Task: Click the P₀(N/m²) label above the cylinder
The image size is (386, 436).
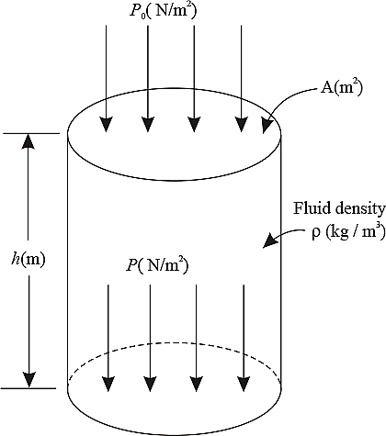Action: tap(163, 10)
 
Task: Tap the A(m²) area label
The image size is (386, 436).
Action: tap(342, 88)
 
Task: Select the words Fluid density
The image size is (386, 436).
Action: tap(339, 208)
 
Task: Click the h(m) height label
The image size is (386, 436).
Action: tap(28, 259)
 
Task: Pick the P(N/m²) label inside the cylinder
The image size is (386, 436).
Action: tap(157, 265)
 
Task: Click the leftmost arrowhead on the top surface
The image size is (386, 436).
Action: tap(106, 125)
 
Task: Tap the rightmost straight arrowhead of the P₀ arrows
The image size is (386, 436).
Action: tap(241, 125)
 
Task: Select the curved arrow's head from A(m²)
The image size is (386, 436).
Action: tap(267, 127)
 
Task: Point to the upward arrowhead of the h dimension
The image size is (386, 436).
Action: tap(28, 140)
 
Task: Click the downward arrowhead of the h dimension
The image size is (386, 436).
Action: tap(29, 380)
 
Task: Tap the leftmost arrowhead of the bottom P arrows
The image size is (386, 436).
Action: tap(108, 385)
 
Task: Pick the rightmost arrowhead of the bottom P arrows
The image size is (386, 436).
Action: tap(244, 385)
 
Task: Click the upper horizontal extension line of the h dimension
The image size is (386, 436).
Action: tap(30, 133)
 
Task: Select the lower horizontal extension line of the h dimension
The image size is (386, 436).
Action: tap(28, 388)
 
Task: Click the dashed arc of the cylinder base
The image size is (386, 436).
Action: tap(174, 343)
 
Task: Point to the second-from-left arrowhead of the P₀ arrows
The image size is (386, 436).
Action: tap(148, 125)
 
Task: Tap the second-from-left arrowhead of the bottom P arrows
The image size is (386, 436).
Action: tap(150, 385)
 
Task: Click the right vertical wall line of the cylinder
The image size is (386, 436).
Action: tap(281, 262)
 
